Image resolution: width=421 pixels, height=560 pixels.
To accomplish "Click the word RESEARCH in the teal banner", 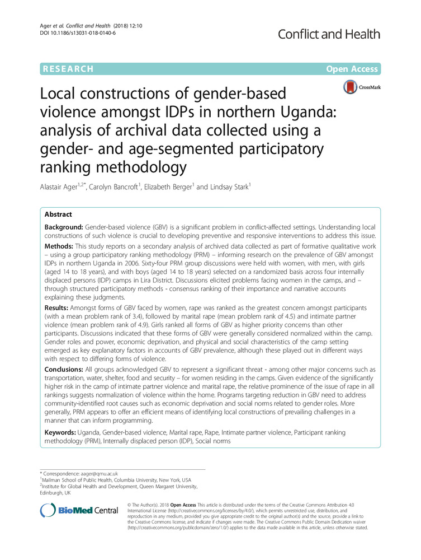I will click(x=67, y=69).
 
